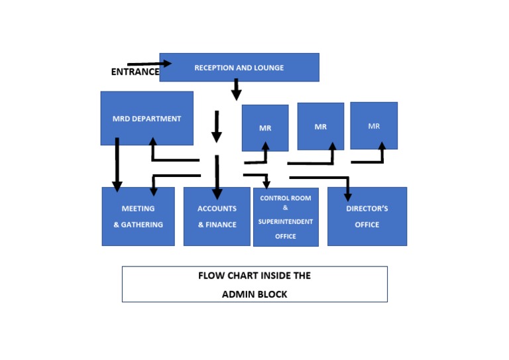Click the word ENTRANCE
pyautogui.click(x=135, y=72)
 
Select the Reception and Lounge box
pyautogui.click(x=239, y=68)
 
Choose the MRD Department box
pyautogui.click(x=146, y=119)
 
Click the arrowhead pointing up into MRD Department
pyautogui.click(x=152, y=143)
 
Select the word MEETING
pyautogui.click(x=138, y=209)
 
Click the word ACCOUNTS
pyautogui.click(x=217, y=209)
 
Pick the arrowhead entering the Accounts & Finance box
pyautogui.click(x=216, y=194)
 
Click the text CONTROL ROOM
pyautogui.click(x=285, y=198)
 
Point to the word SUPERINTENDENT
pyautogui.click(x=286, y=221)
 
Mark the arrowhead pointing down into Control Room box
pyautogui.click(x=266, y=184)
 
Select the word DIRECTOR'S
pyautogui.click(x=367, y=209)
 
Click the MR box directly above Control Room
pyautogui.click(x=264, y=128)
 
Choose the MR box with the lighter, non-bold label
pyautogui.click(x=374, y=126)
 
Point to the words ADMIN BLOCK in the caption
pyautogui.click(x=254, y=294)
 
